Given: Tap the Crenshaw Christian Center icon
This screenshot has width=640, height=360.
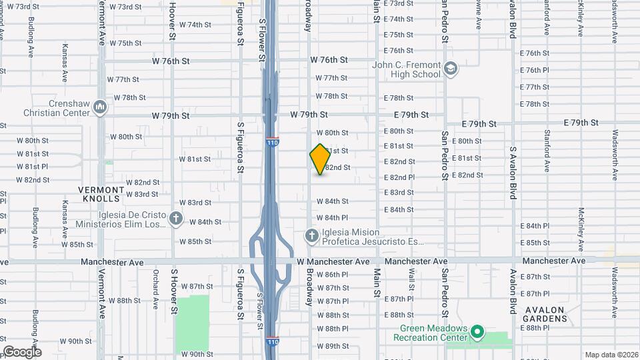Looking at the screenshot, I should pyautogui.click(x=100, y=106).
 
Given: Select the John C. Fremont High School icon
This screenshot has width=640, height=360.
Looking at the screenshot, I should pyautogui.click(x=451, y=69).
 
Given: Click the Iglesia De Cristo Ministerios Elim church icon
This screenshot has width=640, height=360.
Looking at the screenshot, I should pyautogui.click(x=176, y=218).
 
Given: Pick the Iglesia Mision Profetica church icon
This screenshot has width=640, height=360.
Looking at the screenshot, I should pyautogui.click(x=311, y=235).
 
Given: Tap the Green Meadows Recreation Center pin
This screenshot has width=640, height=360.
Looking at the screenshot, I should pyautogui.click(x=477, y=331).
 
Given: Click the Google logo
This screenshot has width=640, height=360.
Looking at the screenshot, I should pyautogui.click(x=22, y=351).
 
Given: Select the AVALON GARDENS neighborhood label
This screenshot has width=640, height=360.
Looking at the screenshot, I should pyautogui.click(x=545, y=314).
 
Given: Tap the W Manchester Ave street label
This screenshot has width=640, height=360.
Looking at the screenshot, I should pyautogui.click(x=333, y=261).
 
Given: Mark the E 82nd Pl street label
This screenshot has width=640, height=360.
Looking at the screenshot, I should pyautogui.click(x=399, y=177).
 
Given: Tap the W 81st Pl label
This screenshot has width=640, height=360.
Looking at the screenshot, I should pyautogui.click(x=33, y=166).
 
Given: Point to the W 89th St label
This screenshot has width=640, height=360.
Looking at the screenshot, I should pyautogui.click(x=333, y=346).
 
